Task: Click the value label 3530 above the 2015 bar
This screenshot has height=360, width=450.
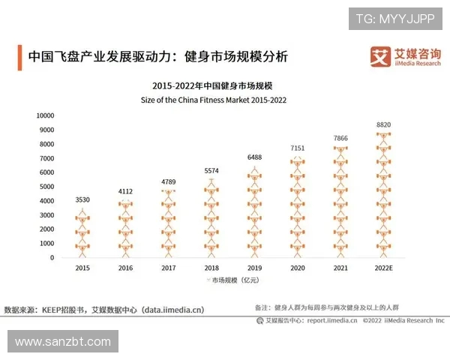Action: [x=83, y=199]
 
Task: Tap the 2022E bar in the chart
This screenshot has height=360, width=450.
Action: [x=383, y=196]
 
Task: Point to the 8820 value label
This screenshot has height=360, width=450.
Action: [x=383, y=124]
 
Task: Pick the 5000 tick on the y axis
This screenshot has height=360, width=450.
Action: [x=47, y=187]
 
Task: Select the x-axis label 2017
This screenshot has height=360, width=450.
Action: [x=169, y=267]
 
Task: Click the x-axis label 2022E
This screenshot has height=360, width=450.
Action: [x=383, y=267]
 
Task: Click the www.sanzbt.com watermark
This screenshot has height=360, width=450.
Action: [x=62, y=341]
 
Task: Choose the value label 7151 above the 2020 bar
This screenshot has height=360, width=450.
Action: [x=298, y=148]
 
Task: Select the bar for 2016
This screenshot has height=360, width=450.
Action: [x=126, y=229]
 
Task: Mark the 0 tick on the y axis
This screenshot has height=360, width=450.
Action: [x=52, y=258]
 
